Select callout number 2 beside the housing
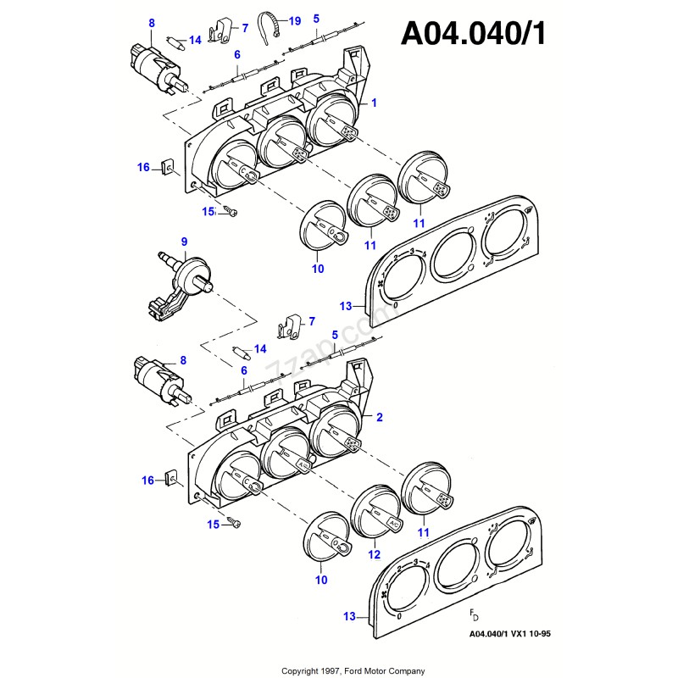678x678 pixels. coord(379,417)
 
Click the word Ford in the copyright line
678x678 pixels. coord(357,670)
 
